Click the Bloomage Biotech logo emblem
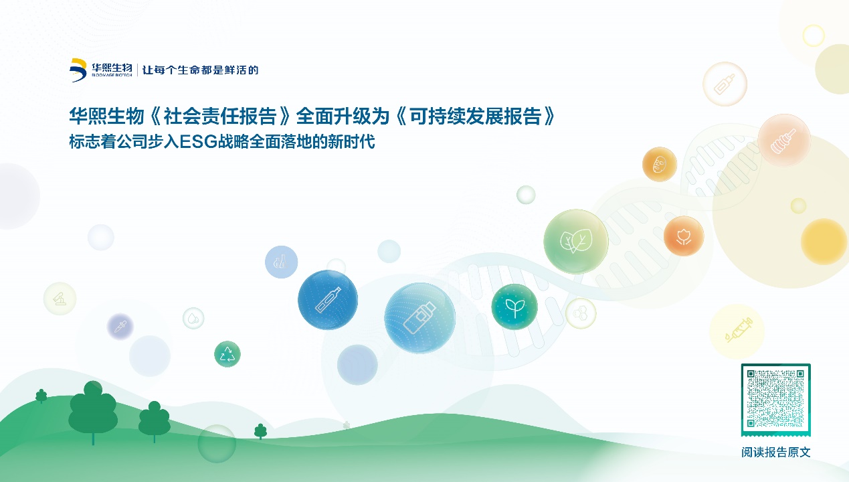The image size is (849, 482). coord(78,70)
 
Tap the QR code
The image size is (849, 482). coord(775,399)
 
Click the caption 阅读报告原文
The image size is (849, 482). coord(775,452)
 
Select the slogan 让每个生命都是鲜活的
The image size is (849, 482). coord(200,70)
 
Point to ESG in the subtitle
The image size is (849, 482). coord(198,142)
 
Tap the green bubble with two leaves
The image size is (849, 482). coord(576,242)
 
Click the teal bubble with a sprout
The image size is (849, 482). coord(514,307)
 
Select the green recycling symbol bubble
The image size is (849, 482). coord(227,354)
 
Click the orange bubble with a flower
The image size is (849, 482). coord(684,236)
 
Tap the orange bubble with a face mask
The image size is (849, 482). coord(660,164)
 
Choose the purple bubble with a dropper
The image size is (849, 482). coord(120,326)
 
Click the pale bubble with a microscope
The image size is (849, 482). coord(60,299)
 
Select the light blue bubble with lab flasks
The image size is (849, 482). coord(281,262)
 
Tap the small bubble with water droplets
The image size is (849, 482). coord(193,318)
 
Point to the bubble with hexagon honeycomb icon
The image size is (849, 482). coord(581,313)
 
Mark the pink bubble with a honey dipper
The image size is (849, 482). coord(784,140)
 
